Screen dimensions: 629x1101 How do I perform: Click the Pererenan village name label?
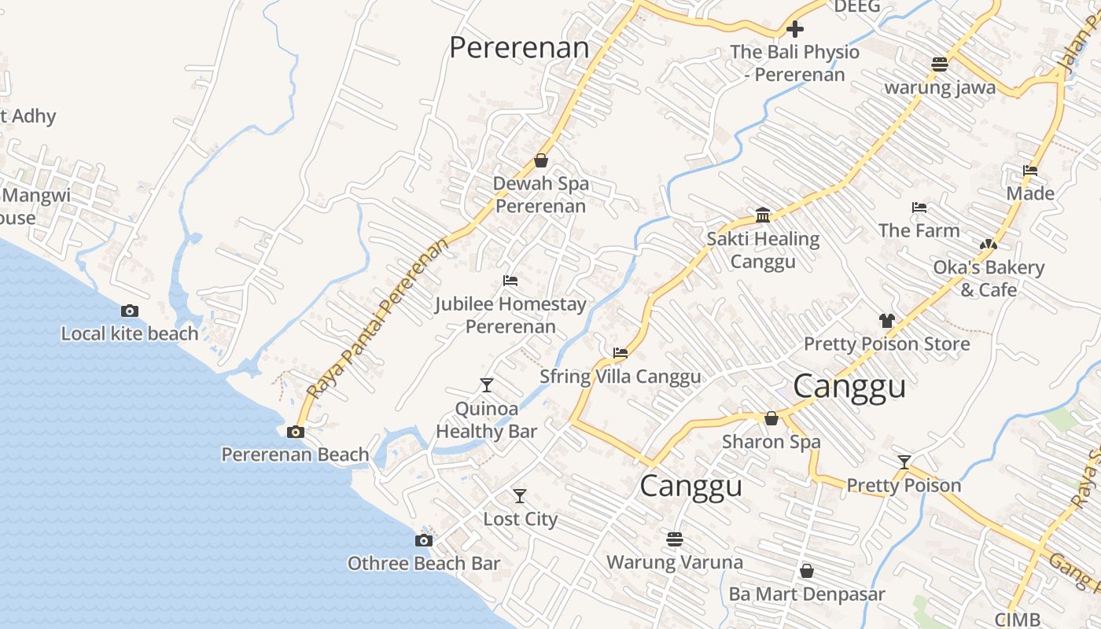point(519,47)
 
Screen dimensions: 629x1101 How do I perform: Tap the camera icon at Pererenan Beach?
point(296,432)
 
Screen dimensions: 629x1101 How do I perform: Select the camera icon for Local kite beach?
point(130,311)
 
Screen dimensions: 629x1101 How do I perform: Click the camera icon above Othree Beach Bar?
point(424,541)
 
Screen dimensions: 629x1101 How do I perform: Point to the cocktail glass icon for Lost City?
point(520,496)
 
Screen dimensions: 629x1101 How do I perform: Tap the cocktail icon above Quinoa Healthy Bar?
point(487,385)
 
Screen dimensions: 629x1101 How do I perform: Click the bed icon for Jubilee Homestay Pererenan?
point(510,281)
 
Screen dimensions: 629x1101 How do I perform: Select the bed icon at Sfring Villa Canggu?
point(620,353)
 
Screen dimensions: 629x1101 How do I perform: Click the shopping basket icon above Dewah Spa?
point(541,160)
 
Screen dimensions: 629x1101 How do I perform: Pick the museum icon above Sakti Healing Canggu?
point(763,215)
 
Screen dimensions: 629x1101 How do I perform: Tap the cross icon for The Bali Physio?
point(795,29)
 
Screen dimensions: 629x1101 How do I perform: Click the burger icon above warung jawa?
point(940,64)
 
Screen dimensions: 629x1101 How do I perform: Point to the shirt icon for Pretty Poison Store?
point(887,321)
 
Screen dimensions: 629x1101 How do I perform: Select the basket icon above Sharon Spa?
point(771,418)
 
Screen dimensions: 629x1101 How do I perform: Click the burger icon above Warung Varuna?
point(675,539)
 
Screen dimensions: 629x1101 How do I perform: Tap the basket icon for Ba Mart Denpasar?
point(807,571)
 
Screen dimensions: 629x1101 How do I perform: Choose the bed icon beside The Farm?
point(919,208)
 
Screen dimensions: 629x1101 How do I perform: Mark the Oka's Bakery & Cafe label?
point(989,278)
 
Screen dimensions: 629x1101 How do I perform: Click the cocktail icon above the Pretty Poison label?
point(904,462)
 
